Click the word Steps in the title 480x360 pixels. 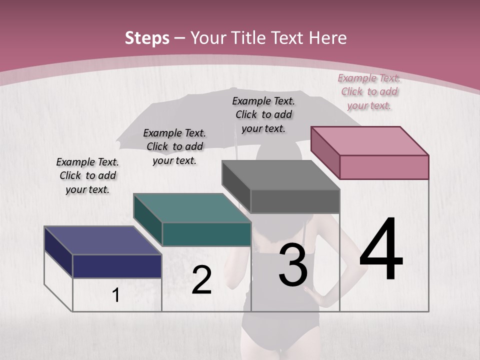147,38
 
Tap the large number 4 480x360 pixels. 381,250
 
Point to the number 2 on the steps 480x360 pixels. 201,280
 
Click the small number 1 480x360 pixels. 116,295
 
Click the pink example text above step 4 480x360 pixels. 369,92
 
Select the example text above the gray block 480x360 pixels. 263,114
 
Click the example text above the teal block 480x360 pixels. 174,146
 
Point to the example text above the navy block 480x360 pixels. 87,175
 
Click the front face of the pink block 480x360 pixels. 384,167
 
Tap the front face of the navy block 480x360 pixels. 117,266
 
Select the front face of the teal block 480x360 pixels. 206,234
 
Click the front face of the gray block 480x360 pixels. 295,201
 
